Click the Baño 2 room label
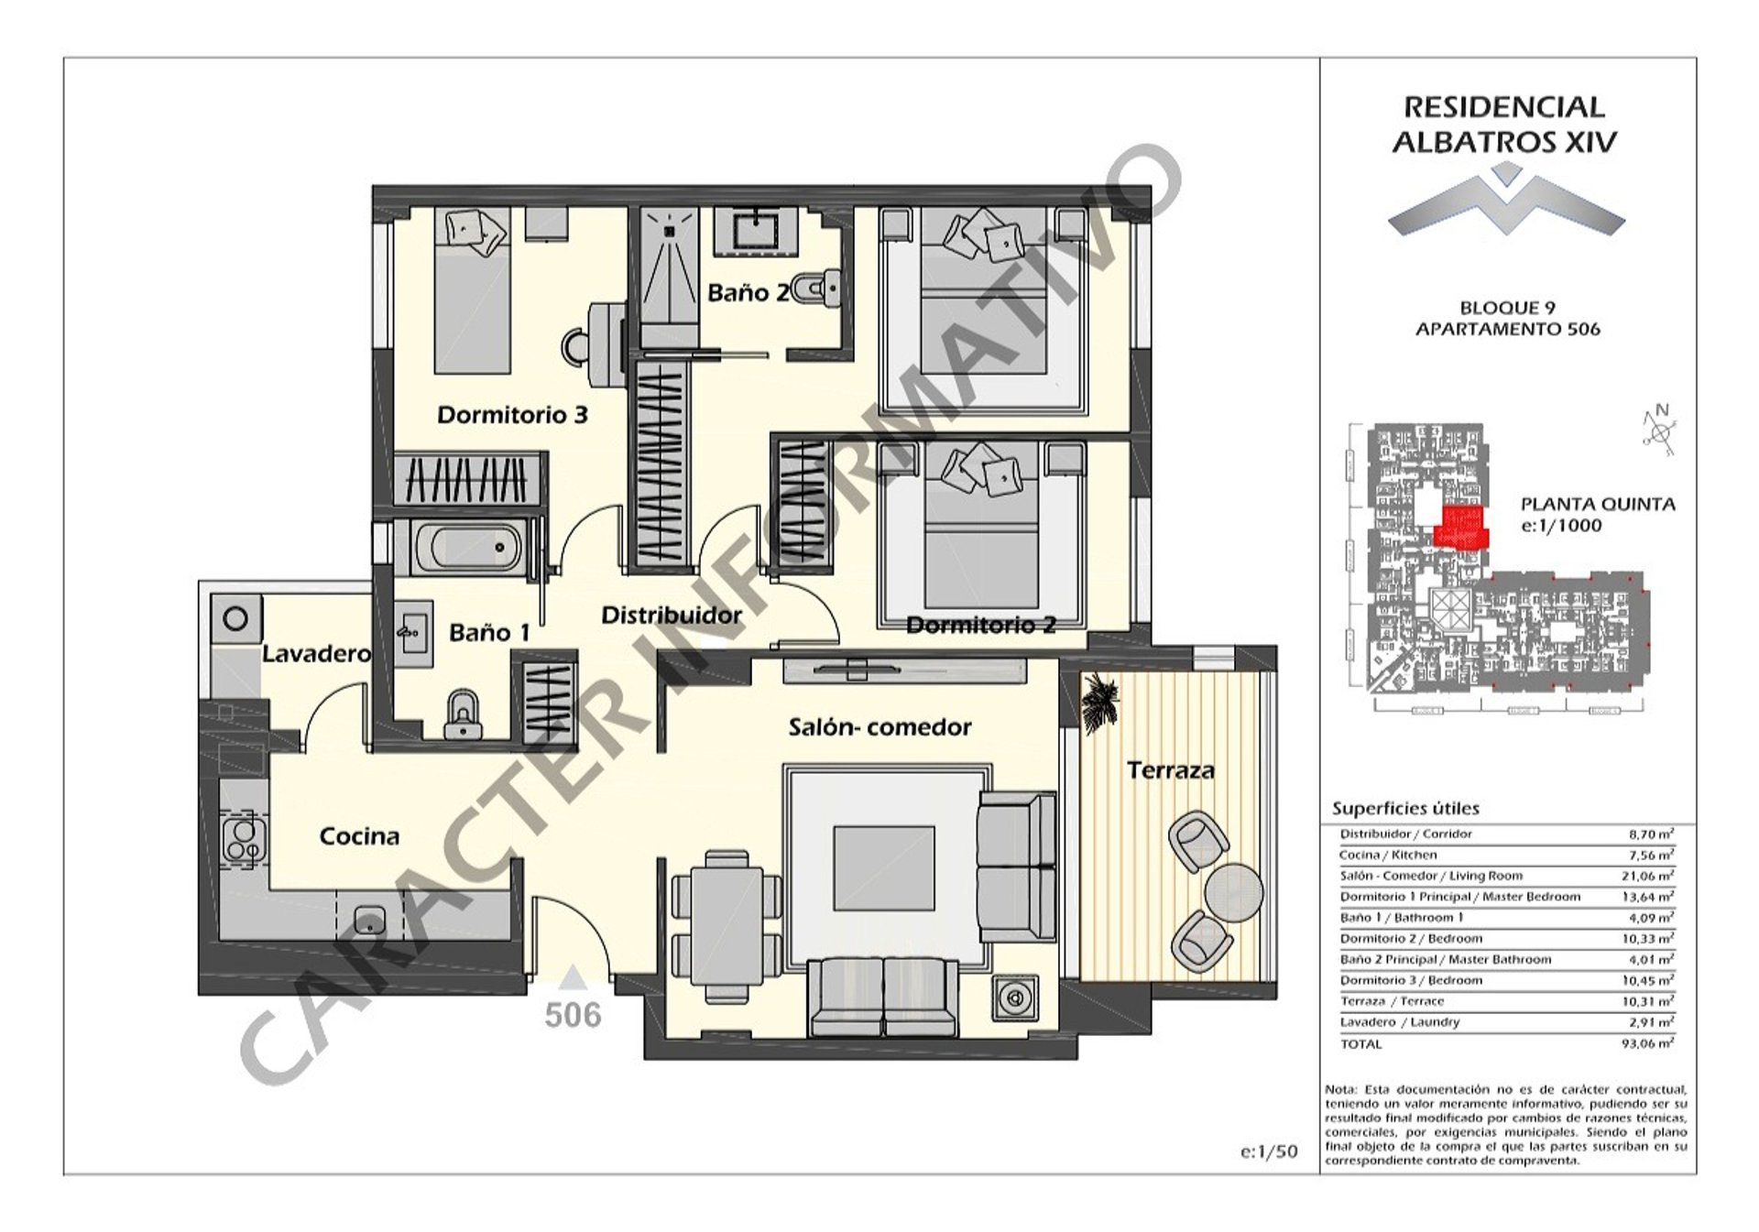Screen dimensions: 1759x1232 click(x=748, y=293)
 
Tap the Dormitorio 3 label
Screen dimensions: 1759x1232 click(x=512, y=415)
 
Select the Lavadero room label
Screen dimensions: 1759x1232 click(x=316, y=654)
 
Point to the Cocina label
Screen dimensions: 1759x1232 click(x=359, y=836)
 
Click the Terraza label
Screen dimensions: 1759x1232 click(x=1170, y=770)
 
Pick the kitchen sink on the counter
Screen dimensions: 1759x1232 click(x=370, y=919)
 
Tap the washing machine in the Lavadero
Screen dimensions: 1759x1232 click(x=235, y=619)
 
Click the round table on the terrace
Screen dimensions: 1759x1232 click(x=1233, y=890)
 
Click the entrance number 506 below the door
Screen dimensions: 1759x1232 click(x=574, y=1015)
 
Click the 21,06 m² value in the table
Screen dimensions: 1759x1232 click(x=1647, y=876)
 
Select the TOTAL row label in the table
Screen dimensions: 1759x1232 click(x=1360, y=1043)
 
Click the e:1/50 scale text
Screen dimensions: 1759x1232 click(x=1269, y=1151)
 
